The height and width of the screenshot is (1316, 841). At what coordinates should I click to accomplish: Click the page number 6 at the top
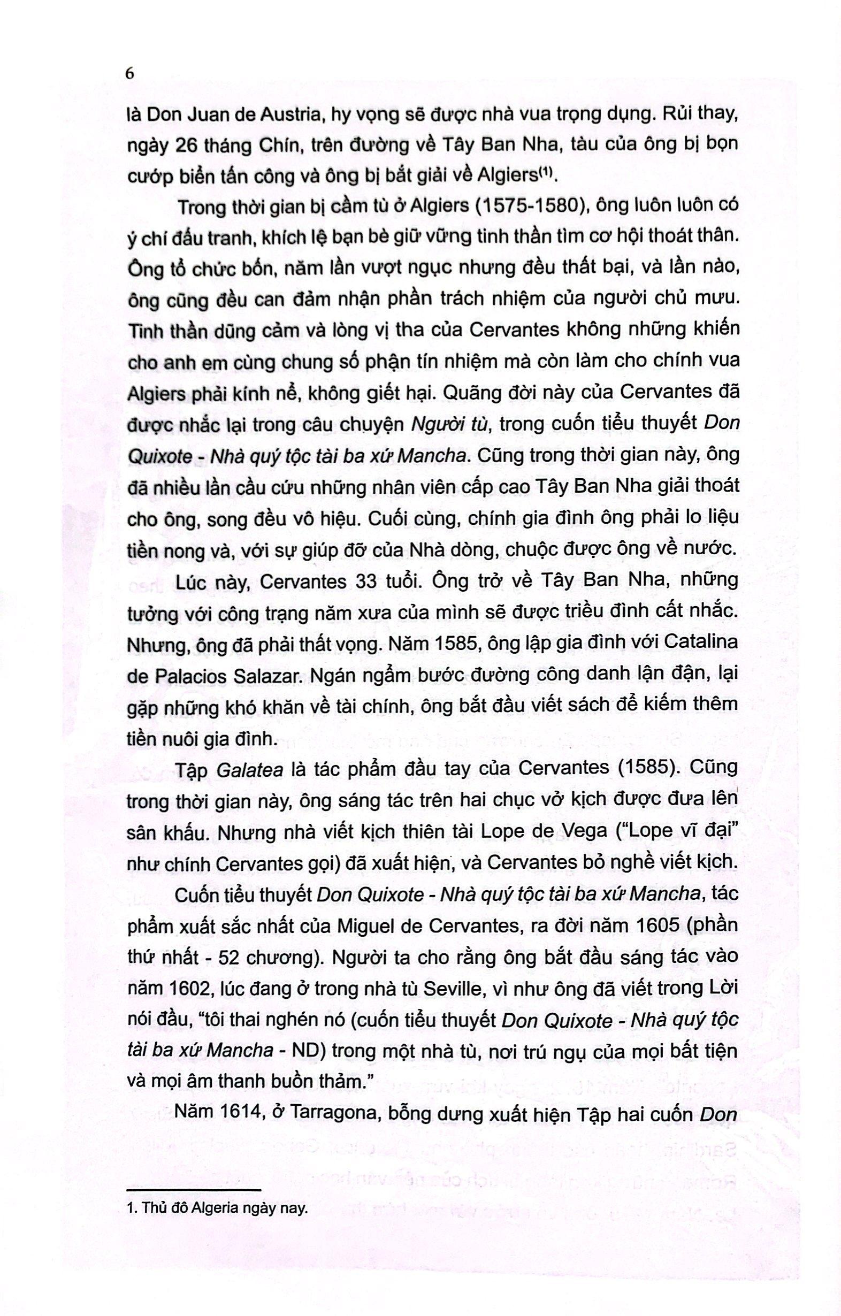tap(129, 74)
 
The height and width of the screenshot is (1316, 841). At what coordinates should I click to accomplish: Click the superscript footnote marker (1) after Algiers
tap(545, 172)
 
